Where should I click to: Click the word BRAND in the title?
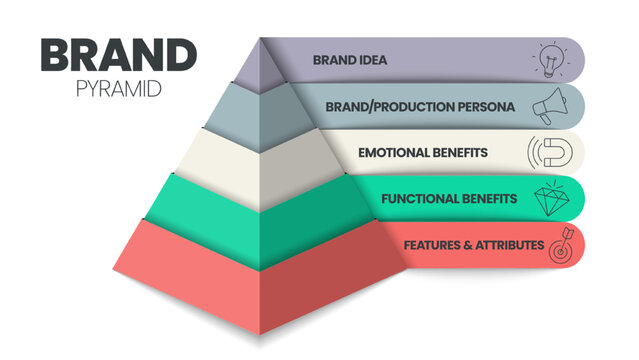112,56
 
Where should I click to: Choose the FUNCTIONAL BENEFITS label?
449,198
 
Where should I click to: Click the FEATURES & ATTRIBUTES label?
474,244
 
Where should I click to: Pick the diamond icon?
552,197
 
